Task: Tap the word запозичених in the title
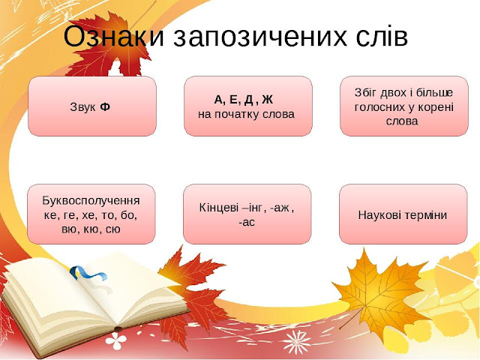click(259, 37)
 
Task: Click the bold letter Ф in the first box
click(105, 106)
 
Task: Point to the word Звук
click(82, 107)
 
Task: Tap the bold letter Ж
click(267, 100)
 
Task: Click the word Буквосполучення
click(91, 200)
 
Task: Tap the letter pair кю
click(91, 229)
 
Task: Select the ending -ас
click(247, 222)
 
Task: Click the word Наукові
click(379, 214)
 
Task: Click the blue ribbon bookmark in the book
click(88, 274)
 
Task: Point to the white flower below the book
click(116, 340)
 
